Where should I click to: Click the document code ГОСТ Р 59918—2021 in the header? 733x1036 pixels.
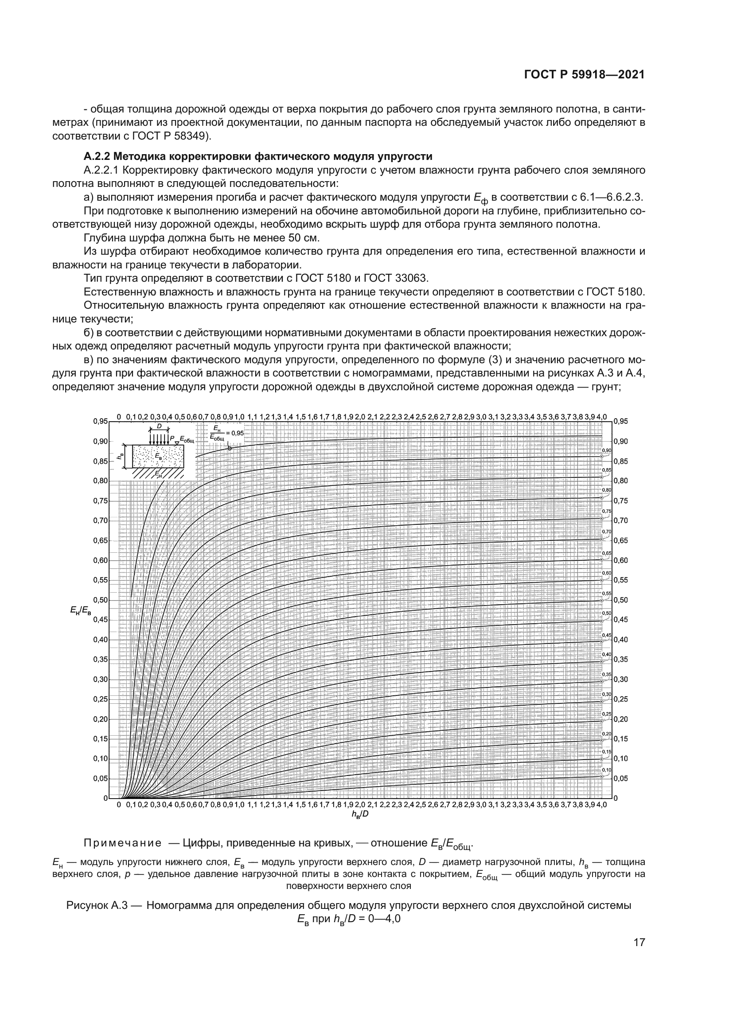pos(584,75)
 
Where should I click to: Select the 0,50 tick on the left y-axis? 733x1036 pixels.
pos(101,600)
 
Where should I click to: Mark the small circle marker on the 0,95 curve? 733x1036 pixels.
pos(230,448)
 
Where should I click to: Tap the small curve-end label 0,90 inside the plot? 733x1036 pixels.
pos(607,450)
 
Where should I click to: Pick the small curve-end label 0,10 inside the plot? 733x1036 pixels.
pos(607,769)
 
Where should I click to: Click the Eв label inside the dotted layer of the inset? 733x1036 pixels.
pos(158,456)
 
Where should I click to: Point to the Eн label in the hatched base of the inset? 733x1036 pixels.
pos(158,473)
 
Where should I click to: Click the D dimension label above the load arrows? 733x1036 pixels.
pos(159,426)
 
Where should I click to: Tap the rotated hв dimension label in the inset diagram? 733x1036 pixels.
pos(121,456)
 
